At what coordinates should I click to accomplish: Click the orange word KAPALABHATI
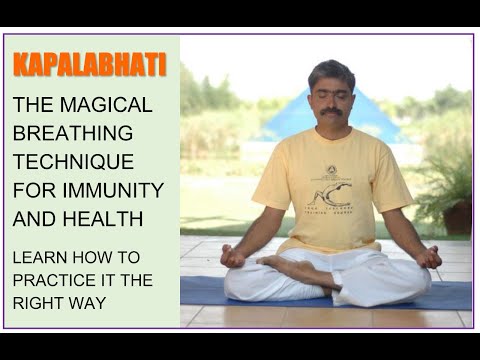coord(90,66)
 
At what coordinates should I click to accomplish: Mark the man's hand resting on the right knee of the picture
coord(428,256)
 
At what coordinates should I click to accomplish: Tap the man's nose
coord(331,101)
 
